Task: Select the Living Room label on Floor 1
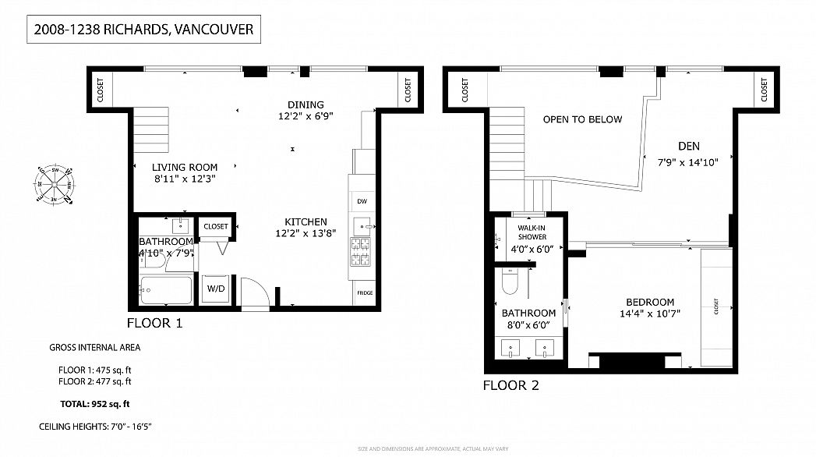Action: pyautogui.click(x=184, y=167)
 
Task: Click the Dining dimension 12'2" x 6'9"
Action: pyautogui.click(x=306, y=117)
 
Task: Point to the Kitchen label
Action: pyautogui.click(x=306, y=221)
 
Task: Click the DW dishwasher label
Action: pyautogui.click(x=362, y=201)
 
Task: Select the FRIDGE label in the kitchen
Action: pyautogui.click(x=364, y=292)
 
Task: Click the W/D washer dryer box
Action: pyautogui.click(x=216, y=289)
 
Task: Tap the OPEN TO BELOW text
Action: pyautogui.click(x=582, y=119)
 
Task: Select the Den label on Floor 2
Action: pyautogui.click(x=688, y=146)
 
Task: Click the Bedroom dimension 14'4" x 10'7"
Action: pyautogui.click(x=649, y=316)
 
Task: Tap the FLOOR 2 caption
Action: pyautogui.click(x=510, y=385)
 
